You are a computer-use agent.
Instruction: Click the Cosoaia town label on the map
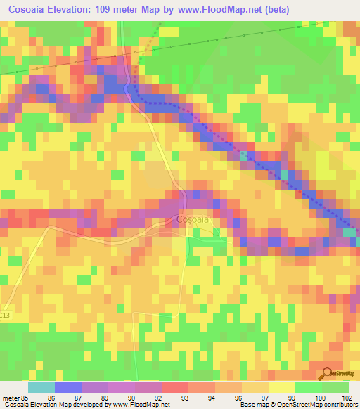click(192, 219)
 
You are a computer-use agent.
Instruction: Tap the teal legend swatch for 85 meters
click(41, 387)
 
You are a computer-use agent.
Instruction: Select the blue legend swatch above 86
click(67, 387)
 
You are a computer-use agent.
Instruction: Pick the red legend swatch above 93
click(175, 387)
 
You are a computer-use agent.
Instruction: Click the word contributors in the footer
click(341, 405)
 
